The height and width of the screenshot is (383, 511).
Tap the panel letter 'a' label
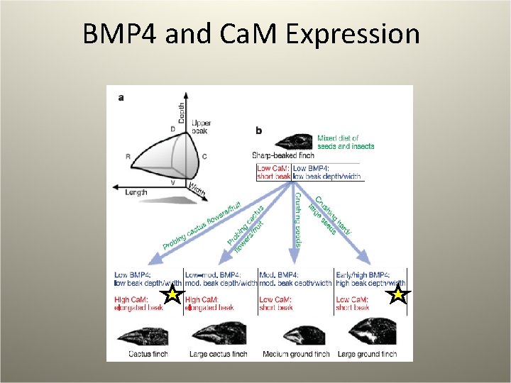[121, 99]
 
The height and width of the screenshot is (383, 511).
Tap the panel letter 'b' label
[258, 131]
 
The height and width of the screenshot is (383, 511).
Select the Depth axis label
[182, 113]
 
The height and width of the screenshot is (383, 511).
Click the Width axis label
[198, 189]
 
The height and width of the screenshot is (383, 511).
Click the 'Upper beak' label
[201, 128]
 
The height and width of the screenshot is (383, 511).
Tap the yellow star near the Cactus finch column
[172, 295]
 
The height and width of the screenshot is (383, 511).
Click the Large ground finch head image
[368, 331]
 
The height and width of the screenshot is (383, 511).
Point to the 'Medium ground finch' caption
[296, 354]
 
